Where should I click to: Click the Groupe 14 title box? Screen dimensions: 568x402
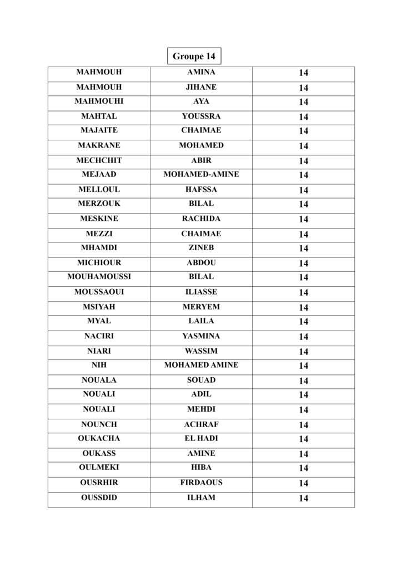tap(194, 56)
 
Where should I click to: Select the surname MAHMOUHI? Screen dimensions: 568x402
tap(99, 102)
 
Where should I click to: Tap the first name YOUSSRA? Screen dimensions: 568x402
tap(201, 116)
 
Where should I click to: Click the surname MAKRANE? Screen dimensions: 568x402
tap(99, 145)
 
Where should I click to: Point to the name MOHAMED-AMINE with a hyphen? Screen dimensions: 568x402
tap(201, 175)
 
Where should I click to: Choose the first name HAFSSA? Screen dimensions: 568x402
tap(201, 189)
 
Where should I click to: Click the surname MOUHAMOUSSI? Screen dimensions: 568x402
tap(99, 277)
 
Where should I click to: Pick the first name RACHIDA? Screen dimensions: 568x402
tap(201, 219)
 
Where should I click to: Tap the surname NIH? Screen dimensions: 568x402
tap(99, 365)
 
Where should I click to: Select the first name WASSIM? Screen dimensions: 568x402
tap(201, 351)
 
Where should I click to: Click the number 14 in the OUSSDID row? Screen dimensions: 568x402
tap(303, 498)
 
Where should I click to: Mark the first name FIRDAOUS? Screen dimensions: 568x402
tap(201, 483)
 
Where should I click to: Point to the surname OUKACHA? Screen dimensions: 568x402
tap(99, 438)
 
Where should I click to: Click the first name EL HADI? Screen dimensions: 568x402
tap(201, 438)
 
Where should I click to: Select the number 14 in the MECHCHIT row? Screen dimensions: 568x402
tap(303, 161)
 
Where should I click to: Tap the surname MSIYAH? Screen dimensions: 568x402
tap(99, 307)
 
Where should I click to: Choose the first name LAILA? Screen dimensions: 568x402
tap(201, 321)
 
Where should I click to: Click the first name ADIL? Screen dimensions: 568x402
tap(201, 394)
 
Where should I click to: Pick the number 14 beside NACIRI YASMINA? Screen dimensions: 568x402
tap(303, 337)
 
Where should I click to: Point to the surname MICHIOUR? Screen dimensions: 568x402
tap(99, 263)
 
